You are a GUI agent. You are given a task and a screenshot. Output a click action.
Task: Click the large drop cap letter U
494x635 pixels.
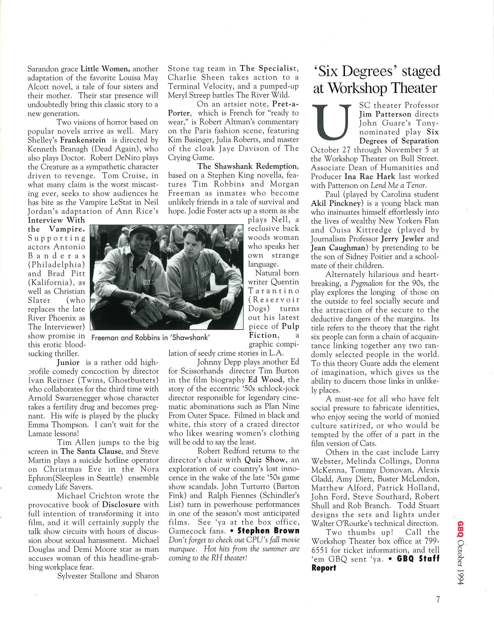click(x=330, y=122)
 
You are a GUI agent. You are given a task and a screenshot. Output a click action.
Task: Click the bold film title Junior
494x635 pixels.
click(x=68, y=362)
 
